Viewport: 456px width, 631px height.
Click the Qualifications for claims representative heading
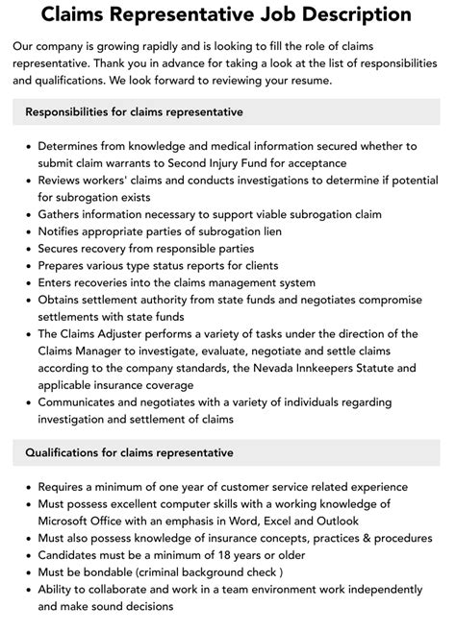click(x=130, y=451)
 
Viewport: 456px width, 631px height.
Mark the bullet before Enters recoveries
click(x=27, y=282)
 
